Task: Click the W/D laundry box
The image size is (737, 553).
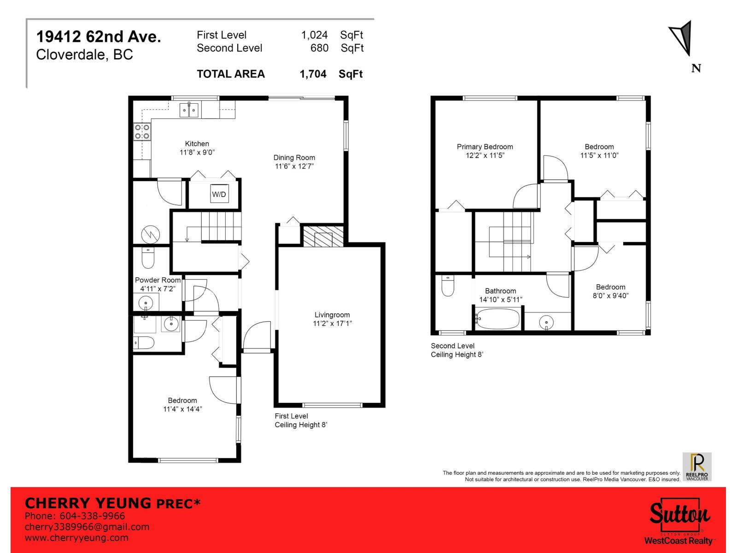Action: tap(219, 194)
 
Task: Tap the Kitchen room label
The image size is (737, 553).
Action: tap(197, 144)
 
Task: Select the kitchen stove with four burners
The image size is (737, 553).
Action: tap(142, 132)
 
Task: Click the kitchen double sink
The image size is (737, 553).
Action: tap(189, 110)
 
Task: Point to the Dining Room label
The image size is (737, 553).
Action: tap(294, 158)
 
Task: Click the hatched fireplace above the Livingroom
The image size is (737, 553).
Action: tap(323, 236)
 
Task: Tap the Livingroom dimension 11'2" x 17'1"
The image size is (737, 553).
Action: tap(332, 324)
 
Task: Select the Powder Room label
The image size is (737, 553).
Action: tap(158, 280)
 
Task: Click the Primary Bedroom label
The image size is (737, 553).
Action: tap(485, 147)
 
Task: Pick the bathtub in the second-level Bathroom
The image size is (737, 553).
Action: tap(498, 319)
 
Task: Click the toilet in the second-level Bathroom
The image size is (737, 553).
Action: tap(448, 286)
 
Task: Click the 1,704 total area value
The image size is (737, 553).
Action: tap(313, 74)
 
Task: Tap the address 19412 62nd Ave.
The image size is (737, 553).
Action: tap(99, 36)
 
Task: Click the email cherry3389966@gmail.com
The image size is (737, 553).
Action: tap(87, 527)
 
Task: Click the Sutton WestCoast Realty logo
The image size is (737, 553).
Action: tap(679, 521)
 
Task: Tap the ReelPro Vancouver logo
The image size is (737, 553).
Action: tap(697, 466)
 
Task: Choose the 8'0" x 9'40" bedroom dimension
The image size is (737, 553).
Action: tap(610, 296)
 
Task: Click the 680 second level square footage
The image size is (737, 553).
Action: tap(319, 48)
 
